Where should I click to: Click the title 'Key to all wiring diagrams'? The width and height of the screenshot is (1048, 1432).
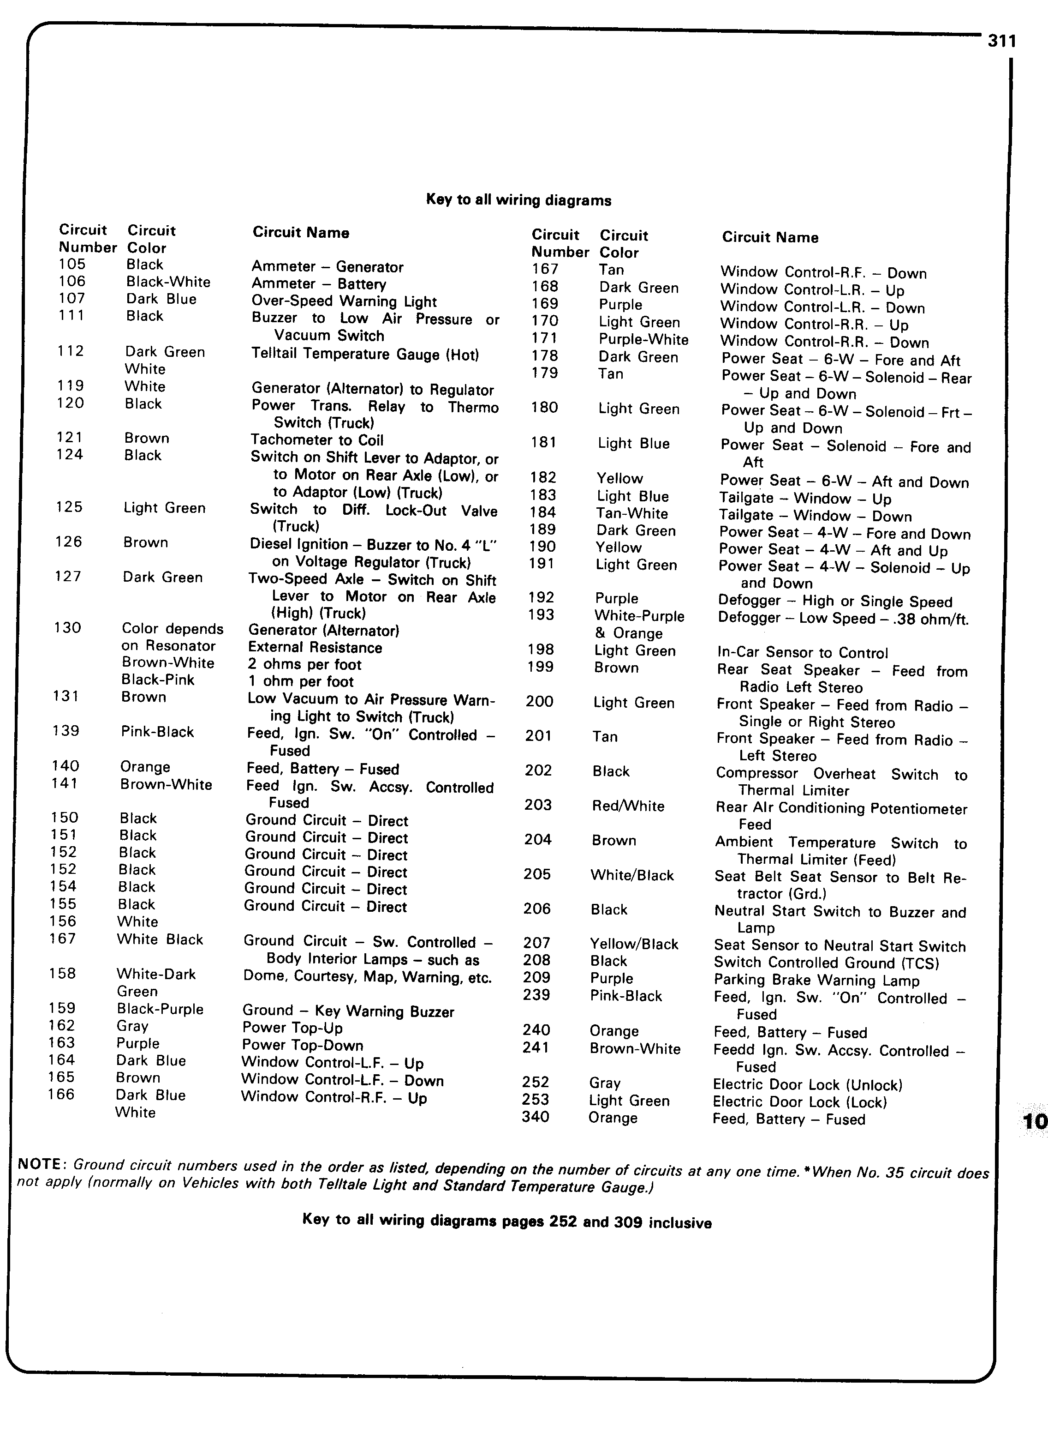[x=518, y=200]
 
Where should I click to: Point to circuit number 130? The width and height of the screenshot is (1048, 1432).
[x=67, y=628]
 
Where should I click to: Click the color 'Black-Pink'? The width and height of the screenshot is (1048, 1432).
[x=158, y=680]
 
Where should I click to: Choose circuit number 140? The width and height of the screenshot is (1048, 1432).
[x=65, y=766]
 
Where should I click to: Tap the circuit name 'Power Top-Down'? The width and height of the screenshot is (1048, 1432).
[x=302, y=1046]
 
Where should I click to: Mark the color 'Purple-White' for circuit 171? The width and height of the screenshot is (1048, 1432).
[x=643, y=340]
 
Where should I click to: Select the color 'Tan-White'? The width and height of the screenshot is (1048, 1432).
[x=632, y=513]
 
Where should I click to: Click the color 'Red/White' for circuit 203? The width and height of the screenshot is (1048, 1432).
[x=628, y=806]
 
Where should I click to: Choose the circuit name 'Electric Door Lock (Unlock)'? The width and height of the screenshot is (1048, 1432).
[x=807, y=1085]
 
